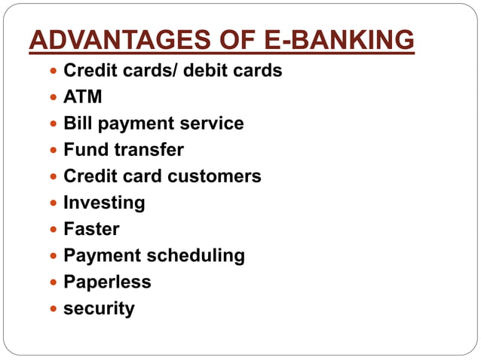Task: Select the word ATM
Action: point(83,97)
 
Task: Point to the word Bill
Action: point(78,124)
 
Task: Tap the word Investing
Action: point(104,203)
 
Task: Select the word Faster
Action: point(91,229)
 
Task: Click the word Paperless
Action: point(107,282)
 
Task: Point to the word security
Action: point(99,309)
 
